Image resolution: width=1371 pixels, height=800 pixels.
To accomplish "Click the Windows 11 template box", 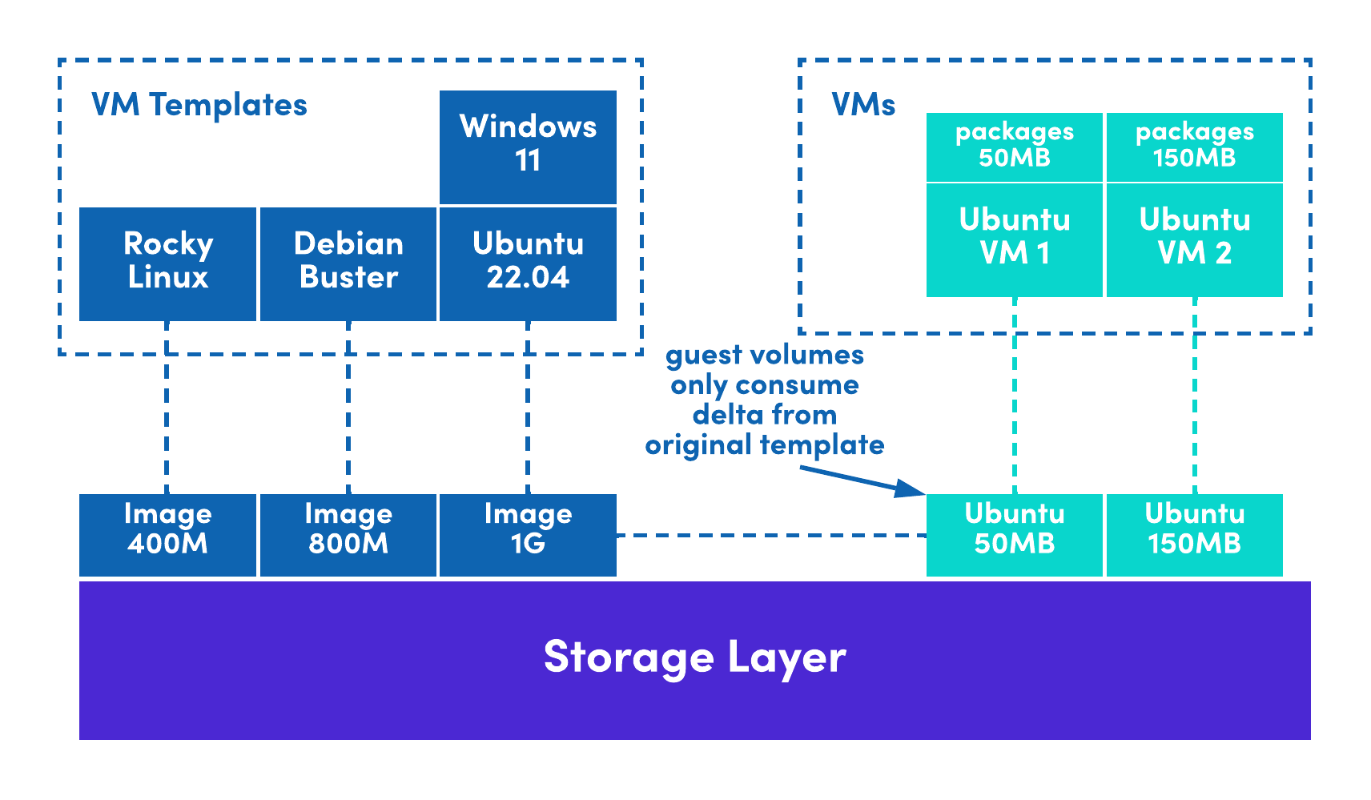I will pyautogui.click(x=528, y=147).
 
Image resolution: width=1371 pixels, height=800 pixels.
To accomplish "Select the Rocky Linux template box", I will pyautogui.click(x=167, y=263).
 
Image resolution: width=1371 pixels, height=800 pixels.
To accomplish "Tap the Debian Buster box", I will pyautogui.click(x=348, y=263).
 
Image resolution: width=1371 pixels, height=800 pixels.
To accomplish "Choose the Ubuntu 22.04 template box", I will pyautogui.click(x=528, y=263).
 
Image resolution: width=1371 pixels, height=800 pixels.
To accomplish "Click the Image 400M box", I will pyautogui.click(x=167, y=534).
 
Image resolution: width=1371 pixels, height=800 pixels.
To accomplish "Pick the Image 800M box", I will pyautogui.click(x=348, y=534).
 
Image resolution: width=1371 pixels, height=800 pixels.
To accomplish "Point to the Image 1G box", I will pyautogui.click(x=528, y=534).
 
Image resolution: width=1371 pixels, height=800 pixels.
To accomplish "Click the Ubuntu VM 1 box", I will pyautogui.click(x=1014, y=239).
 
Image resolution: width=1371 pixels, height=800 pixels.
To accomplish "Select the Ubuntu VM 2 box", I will pyautogui.click(x=1194, y=239).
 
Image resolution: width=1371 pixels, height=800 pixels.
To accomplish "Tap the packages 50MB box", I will pyautogui.click(x=1014, y=147).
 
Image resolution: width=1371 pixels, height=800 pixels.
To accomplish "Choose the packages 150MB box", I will pyautogui.click(x=1194, y=147).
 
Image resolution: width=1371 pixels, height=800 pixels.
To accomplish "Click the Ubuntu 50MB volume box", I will pyautogui.click(x=1014, y=534).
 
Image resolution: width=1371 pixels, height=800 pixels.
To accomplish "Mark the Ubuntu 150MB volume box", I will pyautogui.click(x=1194, y=534).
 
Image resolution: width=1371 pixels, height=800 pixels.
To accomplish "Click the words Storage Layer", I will pyautogui.click(x=694, y=657).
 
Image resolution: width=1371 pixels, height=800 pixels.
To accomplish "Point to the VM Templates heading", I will pyautogui.click(x=199, y=105).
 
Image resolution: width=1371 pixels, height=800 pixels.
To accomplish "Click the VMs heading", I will pyautogui.click(x=863, y=105).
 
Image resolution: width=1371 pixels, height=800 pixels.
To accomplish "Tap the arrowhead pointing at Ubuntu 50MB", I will pyautogui.click(x=912, y=488).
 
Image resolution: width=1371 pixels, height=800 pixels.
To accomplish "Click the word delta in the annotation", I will pyautogui.click(x=723, y=415).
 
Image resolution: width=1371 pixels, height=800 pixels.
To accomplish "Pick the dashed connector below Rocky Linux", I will pyautogui.click(x=167, y=408).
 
